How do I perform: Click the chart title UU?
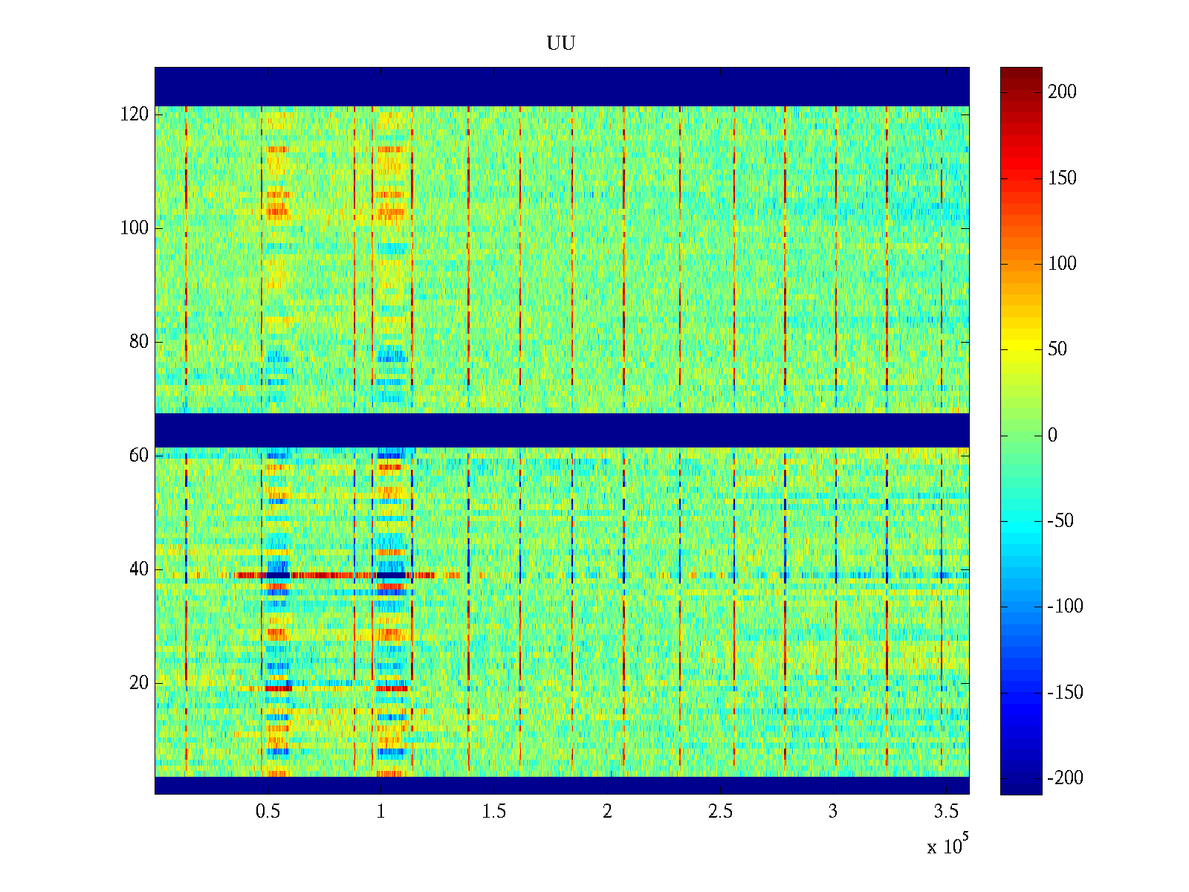click(x=561, y=44)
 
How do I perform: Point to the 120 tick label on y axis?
click(x=135, y=114)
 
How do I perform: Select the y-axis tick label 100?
click(x=135, y=228)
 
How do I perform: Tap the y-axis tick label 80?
click(x=139, y=342)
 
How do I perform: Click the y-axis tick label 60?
click(x=139, y=456)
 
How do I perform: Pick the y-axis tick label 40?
click(x=139, y=569)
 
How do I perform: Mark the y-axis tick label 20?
click(x=139, y=683)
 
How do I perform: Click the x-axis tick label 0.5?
click(x=268, y=812)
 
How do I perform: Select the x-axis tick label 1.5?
click(x=494, y=812)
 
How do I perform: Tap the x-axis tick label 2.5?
click(x=720, y=812)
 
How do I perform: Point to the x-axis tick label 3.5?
click(x=946, y=812)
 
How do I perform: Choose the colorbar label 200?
click(x=1062, y=92)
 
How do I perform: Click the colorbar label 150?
click(x=1062, y=178)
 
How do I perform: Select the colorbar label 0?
click(x=1052, y=436)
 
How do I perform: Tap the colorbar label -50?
click(x=1060, y=521)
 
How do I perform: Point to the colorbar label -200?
click(x=1064, y=778)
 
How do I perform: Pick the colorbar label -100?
click(x=1064, y=607)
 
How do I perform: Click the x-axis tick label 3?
click(x=833, y=812)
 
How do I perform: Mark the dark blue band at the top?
click(x=562, y=86)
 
